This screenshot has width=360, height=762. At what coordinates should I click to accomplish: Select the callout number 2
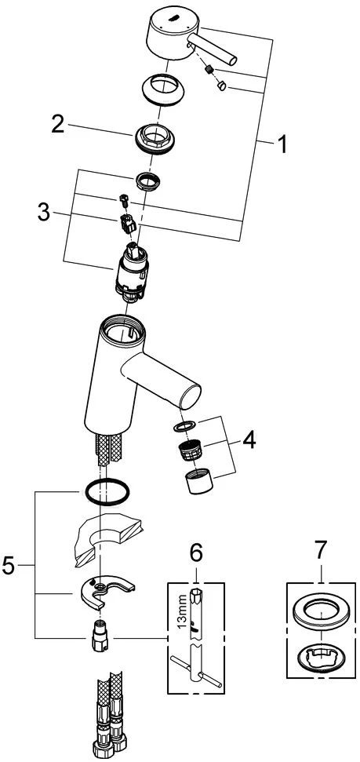(58, 125)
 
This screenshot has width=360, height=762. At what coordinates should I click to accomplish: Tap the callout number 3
(44, 213)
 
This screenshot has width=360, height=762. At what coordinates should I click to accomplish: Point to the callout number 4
(249, 441)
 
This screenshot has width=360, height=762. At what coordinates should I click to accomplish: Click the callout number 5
(9, 566)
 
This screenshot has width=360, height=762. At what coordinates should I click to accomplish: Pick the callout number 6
(195, 552)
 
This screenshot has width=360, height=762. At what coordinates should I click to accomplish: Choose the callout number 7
(321, 552)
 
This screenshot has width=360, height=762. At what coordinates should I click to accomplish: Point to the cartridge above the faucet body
(131, 272)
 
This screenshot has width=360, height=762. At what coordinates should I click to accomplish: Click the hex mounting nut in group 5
(100, 636)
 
